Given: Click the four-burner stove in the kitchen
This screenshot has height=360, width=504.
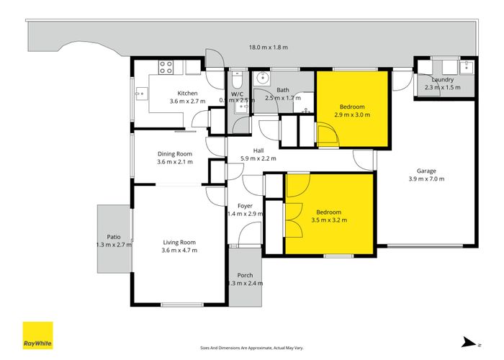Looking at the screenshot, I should (166, 68).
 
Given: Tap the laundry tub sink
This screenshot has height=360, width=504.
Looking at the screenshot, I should (464, 68).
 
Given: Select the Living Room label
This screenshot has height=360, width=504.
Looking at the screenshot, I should (179, 242).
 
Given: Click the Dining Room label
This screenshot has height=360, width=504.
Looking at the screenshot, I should (175, 153).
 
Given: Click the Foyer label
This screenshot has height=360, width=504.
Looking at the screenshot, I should (245, 205).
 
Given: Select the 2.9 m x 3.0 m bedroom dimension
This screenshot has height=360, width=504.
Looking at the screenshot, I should (352, 114).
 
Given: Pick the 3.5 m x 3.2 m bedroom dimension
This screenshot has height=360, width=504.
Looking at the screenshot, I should (328, 220).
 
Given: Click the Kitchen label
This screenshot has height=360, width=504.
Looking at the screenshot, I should (187, 94).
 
